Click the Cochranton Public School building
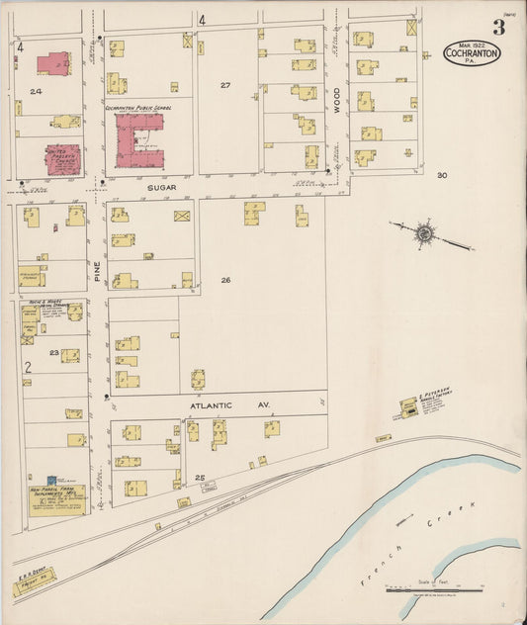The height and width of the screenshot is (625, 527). (x=139, y=138)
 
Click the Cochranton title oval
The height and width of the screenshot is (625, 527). (x=472, y=52)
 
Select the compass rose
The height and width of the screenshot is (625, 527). (x=425, y=233)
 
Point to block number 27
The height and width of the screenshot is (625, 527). (x=225, y=86)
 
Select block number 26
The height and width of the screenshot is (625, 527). (x=225, y=280)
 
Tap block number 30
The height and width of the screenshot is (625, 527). (x=442, y=175)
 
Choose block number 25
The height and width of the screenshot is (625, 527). (x=200, y=478)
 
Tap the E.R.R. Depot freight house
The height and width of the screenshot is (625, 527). (x=33, y=587)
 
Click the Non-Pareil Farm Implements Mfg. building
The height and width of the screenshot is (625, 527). (x=56, y=500)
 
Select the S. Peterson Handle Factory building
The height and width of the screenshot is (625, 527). (x=407, y=406)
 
